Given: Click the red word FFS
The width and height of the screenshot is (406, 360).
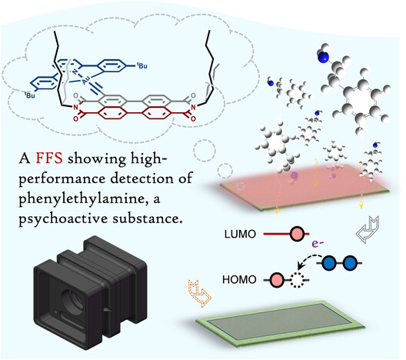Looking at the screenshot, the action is pyautogui.click(x=49, y=158).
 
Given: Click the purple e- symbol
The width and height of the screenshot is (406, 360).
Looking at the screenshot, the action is pyautogui.click(x=318, y=243).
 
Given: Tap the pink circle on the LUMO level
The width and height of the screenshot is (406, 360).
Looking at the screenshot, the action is pyautogui.click(x=297, y=234).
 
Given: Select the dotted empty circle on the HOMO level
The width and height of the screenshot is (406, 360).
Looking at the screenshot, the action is pyautogui.click(x=297, y=280).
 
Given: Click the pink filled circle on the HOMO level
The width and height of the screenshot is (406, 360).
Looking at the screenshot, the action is pyautogui.click(x=277, y=280).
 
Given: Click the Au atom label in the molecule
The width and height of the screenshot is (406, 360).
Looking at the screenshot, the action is pyautogui.click(x=86, y=81).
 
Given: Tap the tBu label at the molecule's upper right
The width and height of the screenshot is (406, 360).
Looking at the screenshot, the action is pyautogui.click(x=142, y=65).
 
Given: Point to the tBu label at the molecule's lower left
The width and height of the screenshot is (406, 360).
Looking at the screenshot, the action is pyautogui.click(x=30, y=95).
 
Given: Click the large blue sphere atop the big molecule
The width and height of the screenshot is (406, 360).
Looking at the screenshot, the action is pyautogui.click(x=324, y=56).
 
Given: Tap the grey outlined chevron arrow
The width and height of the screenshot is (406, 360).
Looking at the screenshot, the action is pyautogui.click(x=368, y=229).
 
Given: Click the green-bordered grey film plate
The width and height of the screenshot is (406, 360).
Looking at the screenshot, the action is pyautogui.click(x=280, y=324).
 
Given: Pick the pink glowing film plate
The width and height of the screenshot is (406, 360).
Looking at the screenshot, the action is pyautogui.click(x=304, y=187).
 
